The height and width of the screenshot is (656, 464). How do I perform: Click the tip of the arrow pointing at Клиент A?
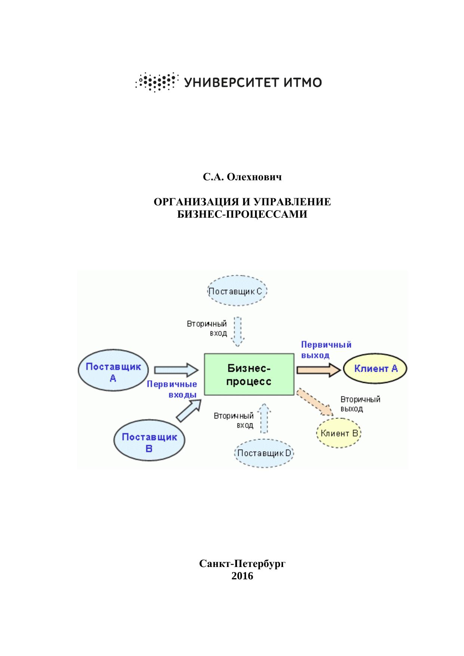[341, 370]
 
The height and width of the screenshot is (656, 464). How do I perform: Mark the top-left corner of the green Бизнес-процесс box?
[204, 353]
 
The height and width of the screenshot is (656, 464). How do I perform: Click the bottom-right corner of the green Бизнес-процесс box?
[294, 395]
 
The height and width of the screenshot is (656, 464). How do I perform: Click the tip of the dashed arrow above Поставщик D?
[264, 403]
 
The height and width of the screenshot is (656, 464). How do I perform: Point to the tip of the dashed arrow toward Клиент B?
[333, 415]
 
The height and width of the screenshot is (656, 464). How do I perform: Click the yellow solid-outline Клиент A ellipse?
[375, 369]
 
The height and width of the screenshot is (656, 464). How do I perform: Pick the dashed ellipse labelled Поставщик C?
[237, 291]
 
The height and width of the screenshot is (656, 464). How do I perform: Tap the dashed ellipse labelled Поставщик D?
[264, 453]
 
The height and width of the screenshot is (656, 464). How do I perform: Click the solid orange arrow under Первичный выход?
[319, 370]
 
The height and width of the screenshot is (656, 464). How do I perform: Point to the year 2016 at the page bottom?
[242, 576]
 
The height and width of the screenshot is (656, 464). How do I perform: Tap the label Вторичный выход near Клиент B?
[360, 404]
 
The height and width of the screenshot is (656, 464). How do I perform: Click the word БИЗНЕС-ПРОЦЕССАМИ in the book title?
[242, 214]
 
